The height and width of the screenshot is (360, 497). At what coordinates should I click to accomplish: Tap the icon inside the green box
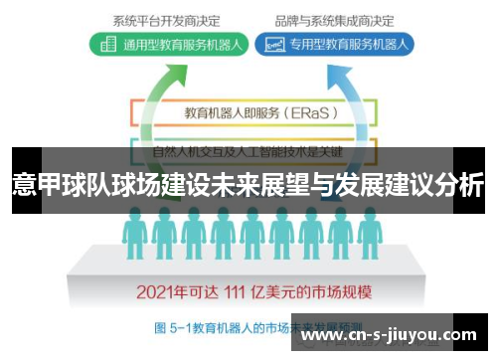[x=107, y=44]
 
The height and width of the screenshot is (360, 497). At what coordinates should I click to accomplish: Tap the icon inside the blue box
[x=267, y=44]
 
